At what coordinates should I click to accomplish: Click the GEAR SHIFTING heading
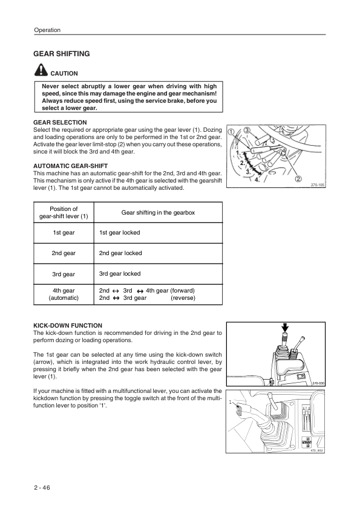click(x=61, y=54)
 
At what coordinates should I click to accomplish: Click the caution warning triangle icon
click(x=41, y=70)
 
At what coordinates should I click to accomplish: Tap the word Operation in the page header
click(x=47, y=30)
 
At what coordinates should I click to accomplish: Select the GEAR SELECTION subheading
click(x=60, y=122)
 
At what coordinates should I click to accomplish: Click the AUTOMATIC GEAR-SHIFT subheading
click(x=71, y=166)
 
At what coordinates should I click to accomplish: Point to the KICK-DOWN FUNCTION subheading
click(x=68, y=326)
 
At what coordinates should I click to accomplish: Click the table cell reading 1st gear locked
click(x=120, y=232)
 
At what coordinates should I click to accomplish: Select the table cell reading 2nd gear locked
click(x=120, y=253)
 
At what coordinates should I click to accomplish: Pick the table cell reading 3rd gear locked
click(x=120, y=274)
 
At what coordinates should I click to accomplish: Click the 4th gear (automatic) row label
click(x=64, y=294)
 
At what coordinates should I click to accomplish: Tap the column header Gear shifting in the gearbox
click(x=159, y=213)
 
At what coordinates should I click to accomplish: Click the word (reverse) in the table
click(x=183, y=297)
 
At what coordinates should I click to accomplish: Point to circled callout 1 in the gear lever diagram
click(x=231, y=132)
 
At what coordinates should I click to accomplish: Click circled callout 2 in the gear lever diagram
click(x=298, y=178)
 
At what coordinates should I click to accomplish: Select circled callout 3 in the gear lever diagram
click(x=247, y=130)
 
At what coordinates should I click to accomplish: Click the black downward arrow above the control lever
click(x=285, y=328)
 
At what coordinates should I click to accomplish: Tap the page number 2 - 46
click(x=42, y=488)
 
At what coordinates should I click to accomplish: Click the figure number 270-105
click(x=318, y=185)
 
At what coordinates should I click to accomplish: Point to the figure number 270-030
click(x=318, y=383)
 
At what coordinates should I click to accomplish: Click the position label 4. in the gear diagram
click(x=257, y=180)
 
